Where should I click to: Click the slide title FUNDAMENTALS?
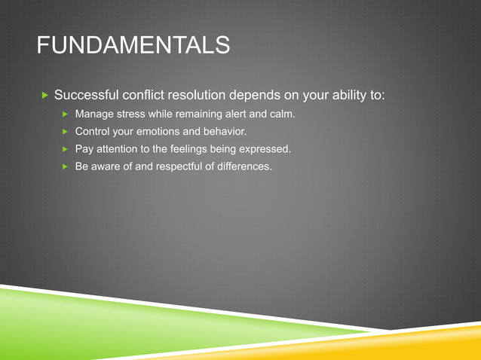pos(133,46)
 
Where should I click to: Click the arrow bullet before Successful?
pos(44,96)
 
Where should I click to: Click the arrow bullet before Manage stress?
pos(65,114)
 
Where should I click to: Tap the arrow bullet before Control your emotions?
pos(65,132)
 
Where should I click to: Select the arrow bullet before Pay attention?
pos(65,149)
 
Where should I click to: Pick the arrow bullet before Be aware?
pos(65,166)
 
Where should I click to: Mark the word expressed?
pos(264,149)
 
